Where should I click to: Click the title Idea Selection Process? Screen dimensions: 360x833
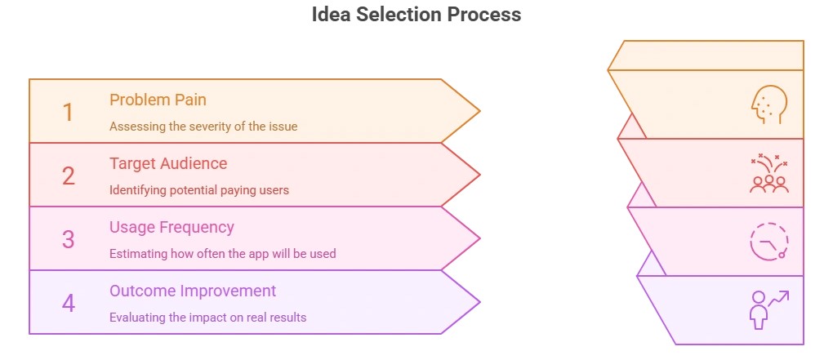tap(416, 15)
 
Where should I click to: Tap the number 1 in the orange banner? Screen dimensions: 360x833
tap(68, 112)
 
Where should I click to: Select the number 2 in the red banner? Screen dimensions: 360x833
tap(68, 176)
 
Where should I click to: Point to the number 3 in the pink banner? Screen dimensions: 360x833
tap(68, 239)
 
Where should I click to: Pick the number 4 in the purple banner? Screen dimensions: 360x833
tap(68, 303)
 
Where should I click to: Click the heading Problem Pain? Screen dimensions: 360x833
tap(158, 100)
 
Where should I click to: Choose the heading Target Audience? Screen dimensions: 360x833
tap(168, 163)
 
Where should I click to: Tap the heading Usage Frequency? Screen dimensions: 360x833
tap(171, 227)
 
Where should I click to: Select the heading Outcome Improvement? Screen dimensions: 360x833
tap(193, 291)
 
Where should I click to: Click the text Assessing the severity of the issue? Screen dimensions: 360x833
tap(203, 127)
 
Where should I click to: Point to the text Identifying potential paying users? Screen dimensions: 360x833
tap(199, 190)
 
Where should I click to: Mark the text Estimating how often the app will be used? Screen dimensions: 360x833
tap(222, 253)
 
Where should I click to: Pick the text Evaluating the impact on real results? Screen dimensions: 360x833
tap(207, 317)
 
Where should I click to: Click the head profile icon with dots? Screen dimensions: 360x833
tap(768, 106)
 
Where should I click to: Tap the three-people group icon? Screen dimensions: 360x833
tap(768, 173)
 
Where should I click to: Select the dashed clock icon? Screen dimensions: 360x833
tap(768, 242)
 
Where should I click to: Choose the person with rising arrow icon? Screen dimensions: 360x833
tap(768, 309)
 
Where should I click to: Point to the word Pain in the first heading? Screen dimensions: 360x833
tap(190, 100)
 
